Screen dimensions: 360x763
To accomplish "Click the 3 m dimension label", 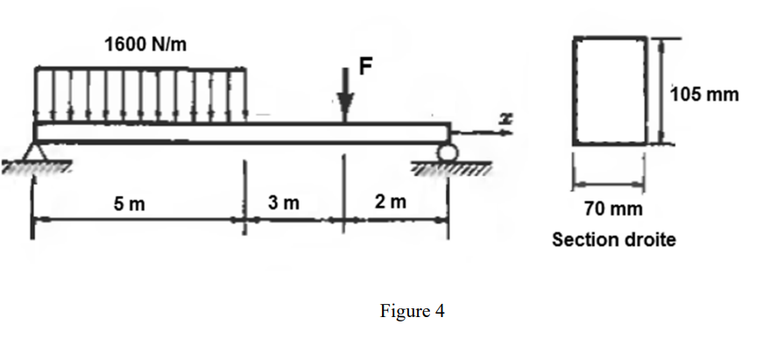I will tap(284, 203).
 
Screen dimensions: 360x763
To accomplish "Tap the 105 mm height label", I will tap(705, 94).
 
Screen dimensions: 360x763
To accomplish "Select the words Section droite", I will tap(613, 239).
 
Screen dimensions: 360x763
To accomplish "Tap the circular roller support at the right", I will tap(450, 153).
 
